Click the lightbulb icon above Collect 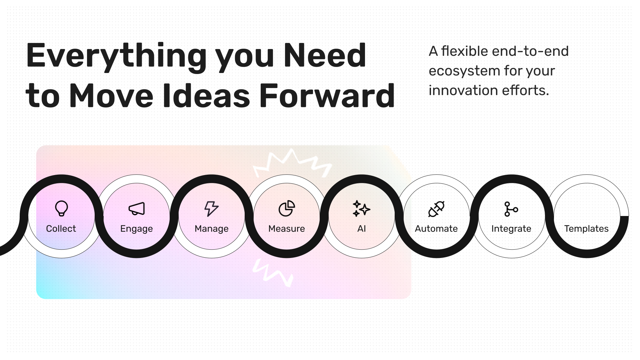tap(61, 208)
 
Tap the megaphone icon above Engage tap(137, 209)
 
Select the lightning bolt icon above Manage tap(211, 209)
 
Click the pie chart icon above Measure tap(287, 209)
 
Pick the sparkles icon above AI tap(361, 209)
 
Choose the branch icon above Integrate tap(511, 209)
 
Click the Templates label tap(586, 229)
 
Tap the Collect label tap(61, 229)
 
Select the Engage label tap(137, 229)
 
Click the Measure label tap(287, 229)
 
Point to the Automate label tap(436, 229)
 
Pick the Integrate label tap(511, 229)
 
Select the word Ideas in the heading tap(206, 96)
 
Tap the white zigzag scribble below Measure tap(273, 273)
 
